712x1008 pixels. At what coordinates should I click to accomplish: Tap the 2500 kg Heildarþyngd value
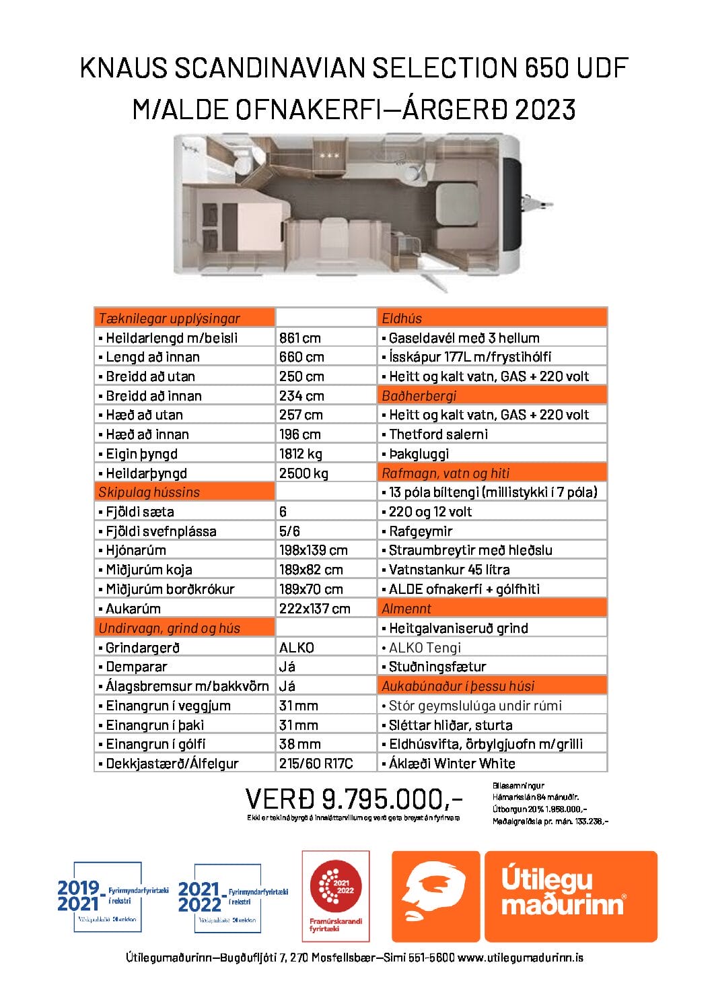click(304, 473)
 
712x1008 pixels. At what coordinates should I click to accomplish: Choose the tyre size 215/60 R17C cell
click(316, 764)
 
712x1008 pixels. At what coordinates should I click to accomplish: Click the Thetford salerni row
click(438, 434)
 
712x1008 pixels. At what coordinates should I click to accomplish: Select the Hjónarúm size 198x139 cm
click(314, 550)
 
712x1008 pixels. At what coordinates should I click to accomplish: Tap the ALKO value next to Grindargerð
click(297, 648)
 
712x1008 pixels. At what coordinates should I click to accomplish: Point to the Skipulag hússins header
click(149, 492)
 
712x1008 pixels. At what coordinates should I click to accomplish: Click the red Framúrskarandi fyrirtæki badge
click(336, 895)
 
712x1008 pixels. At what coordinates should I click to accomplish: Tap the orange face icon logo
click(435, 896)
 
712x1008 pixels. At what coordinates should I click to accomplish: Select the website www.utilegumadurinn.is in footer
click(520, 957)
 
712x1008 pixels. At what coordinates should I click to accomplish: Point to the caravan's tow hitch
click(538, 203)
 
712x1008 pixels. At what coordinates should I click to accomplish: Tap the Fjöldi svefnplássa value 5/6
click(289, 531)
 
